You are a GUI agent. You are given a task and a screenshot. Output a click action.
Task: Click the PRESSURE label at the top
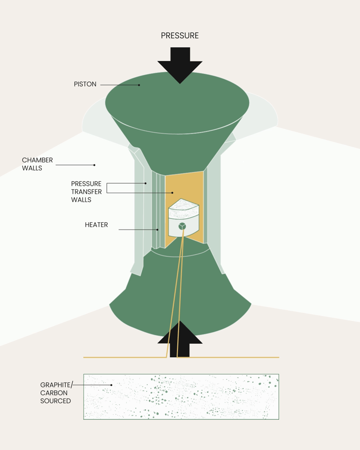coord(180,36)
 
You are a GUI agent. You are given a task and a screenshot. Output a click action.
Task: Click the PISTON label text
coord(85,84)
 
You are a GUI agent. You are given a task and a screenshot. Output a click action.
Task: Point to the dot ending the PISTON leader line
coord(139,85)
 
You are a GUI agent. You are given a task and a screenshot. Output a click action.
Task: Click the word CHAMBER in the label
coord(37,160)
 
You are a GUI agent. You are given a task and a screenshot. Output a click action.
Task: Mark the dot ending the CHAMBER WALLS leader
coord(94,165)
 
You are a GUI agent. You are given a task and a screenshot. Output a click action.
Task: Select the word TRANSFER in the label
coord(86,192)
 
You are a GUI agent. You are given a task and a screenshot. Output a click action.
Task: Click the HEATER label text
coord(96,225)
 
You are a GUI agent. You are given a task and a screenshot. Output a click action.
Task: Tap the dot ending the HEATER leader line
coord(157,229)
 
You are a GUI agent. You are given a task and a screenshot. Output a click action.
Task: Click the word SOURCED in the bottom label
coord(55,400)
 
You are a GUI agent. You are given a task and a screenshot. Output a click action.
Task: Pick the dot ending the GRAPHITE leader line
coord(111,385)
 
